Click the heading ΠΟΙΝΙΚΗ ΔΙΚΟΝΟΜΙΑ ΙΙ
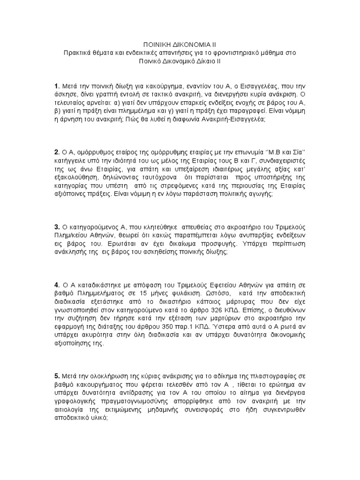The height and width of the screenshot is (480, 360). coord(180,43)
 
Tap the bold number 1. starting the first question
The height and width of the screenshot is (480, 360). coord(57,86)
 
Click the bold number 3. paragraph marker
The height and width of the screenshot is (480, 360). coord(57,226)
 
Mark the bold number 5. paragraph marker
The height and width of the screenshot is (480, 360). coord(57,376)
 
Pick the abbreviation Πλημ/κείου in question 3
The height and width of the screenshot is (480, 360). coord(71,235)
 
